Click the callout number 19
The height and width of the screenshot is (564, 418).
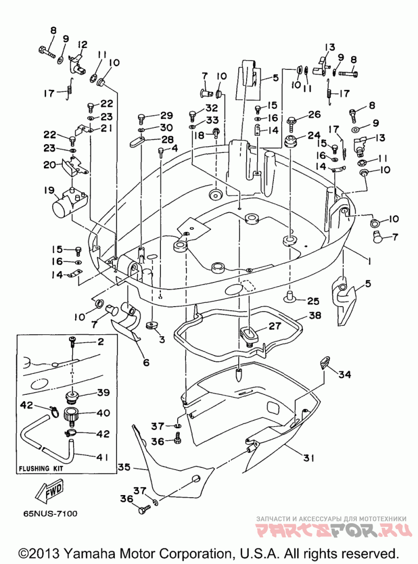click(49, 190)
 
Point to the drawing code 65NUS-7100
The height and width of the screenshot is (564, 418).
click(50, 514)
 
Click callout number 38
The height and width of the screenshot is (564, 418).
click(316, 315)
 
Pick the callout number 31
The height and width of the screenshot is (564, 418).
click(309, 459)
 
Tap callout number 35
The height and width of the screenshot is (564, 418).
click(123, 467)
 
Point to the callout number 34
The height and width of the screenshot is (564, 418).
click(344, 374)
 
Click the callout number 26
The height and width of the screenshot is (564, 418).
click(315, 115)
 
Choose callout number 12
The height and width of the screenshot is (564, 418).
click(83, 45)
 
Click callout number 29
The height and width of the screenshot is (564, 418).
click(166, 115)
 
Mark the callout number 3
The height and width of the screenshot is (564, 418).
click(161, 339)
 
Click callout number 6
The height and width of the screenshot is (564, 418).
click(146, 362)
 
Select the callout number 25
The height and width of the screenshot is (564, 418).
click(313, 301)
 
